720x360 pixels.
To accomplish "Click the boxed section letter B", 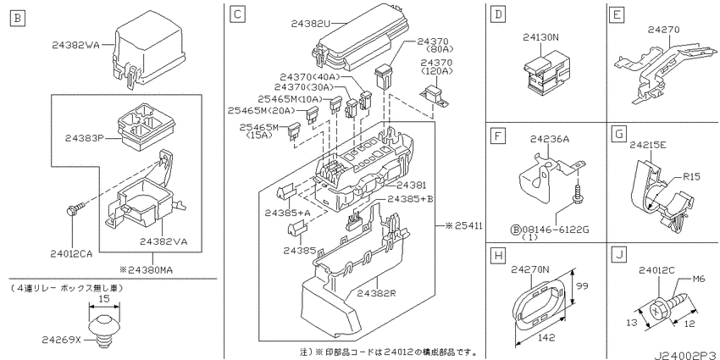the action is click(18, 19).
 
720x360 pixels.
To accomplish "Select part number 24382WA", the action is click(75, 45).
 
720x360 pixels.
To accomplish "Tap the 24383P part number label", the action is click(83, 137).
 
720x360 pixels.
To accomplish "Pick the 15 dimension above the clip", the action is click(104, 298).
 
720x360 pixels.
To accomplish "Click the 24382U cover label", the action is click(311, 23).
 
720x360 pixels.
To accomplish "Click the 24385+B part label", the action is click(411, 199).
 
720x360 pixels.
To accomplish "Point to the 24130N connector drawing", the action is click(545, 75).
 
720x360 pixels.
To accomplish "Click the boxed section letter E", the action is click(616, 14).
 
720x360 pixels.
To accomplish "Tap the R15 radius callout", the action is click(690, 176).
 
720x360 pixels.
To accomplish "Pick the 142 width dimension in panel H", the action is click(546, 337).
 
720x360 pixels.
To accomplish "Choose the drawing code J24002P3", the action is click(686, 355).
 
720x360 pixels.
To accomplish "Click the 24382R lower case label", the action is click(377, 292).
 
